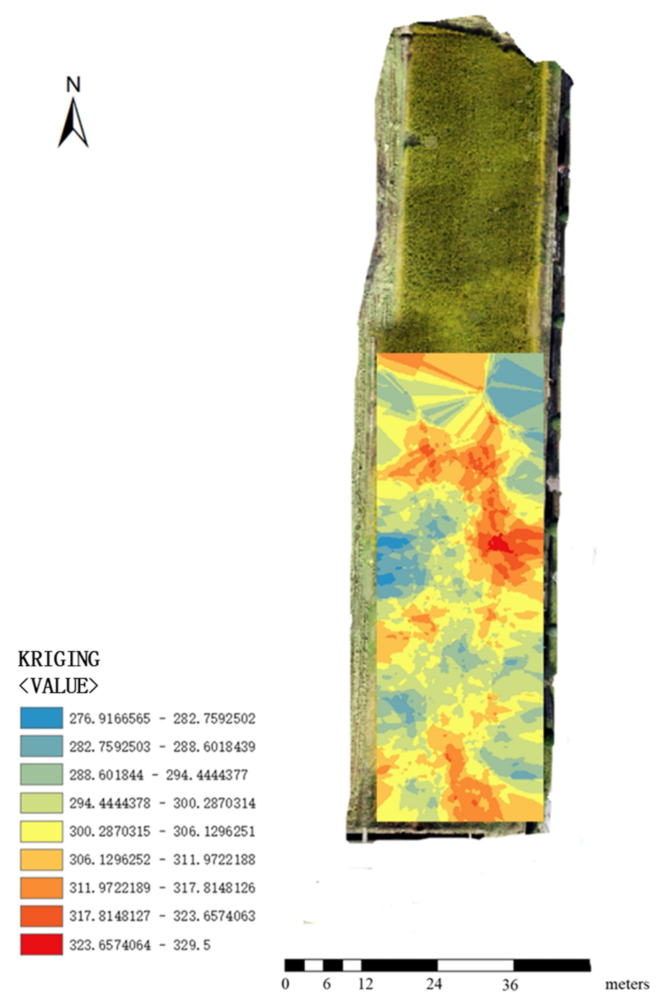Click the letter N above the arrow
point(73,85)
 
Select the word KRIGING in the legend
point(59,659)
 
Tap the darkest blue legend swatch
point(41,718)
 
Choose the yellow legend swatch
point(41,831)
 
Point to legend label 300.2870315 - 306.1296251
point(162,832)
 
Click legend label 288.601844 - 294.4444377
point(158,775)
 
